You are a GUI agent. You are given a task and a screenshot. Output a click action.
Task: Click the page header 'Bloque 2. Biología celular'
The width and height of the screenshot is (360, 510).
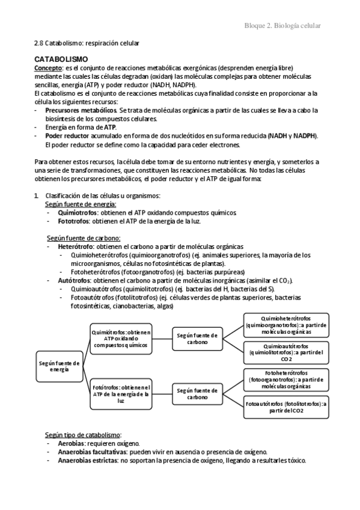coord(282,25)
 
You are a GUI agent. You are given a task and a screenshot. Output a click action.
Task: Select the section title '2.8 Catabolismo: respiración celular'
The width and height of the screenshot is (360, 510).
coord(87,43)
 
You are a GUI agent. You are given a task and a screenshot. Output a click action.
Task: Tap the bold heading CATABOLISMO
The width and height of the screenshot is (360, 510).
coord(61,60)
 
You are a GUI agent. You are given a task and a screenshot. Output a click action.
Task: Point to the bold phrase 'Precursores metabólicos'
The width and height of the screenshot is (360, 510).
coord(81,111)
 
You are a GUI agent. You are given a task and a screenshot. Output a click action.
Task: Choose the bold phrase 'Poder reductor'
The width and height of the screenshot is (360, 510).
coord(67,137)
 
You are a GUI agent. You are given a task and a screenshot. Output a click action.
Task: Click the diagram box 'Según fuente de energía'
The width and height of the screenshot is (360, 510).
coord(59,367)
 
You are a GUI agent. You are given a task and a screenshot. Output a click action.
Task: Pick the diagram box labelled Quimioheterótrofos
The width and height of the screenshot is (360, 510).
coord(286,325)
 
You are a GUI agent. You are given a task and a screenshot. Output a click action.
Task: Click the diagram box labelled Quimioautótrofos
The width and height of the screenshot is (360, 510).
coord(286,352)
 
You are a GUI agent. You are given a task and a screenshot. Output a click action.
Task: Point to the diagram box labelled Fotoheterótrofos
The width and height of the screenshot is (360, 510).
coord(286,379)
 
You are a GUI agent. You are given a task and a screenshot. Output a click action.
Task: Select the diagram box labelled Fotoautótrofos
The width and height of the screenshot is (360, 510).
coord(286,407)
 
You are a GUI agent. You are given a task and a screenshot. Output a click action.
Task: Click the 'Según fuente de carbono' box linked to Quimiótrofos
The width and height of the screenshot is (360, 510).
coord(197,338)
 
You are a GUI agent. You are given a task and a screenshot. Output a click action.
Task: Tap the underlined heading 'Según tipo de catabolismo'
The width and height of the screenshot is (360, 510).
coord(83,435)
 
